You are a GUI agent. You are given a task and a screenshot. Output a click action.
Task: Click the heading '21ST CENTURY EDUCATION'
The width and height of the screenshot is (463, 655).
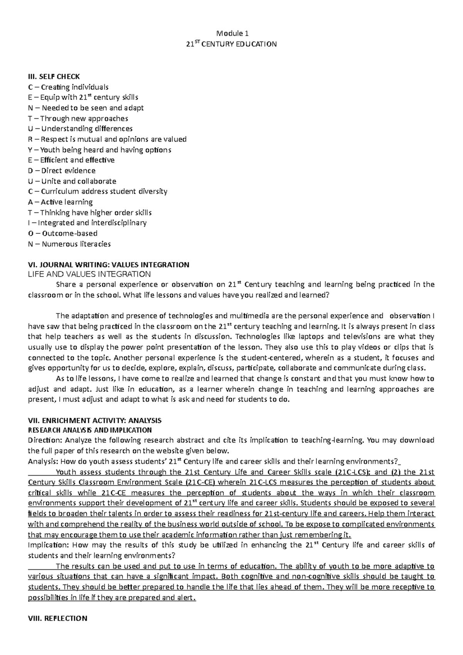pos(231,44)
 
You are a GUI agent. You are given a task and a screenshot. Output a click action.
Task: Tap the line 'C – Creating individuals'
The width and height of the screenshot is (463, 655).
pos(68,87)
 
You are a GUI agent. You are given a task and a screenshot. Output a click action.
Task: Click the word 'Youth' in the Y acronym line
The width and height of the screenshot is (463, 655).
pos(49,150)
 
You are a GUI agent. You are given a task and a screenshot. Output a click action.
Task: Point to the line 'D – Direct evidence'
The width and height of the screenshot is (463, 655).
pos(62,171)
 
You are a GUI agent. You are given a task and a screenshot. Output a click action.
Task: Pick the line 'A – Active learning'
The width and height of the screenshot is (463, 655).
pos(61,202)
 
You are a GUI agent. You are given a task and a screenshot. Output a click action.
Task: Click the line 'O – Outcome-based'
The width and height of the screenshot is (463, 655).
pos(63,233)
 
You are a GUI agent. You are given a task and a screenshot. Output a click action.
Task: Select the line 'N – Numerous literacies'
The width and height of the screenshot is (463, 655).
pos(69,244)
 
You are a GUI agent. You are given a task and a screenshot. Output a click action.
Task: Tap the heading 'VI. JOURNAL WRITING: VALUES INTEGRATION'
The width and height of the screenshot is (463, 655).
pos(108,265)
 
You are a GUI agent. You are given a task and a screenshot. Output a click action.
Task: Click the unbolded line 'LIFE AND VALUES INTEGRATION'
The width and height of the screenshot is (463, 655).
pos(89,274)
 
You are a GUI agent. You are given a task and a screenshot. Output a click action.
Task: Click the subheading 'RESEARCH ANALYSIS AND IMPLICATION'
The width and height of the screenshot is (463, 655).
pos(90,430)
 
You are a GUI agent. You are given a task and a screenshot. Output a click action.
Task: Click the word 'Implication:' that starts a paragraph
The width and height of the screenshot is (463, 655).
pos(48,545)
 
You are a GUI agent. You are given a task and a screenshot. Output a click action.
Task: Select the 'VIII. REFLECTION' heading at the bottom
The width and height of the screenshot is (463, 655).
pos(58,618)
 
